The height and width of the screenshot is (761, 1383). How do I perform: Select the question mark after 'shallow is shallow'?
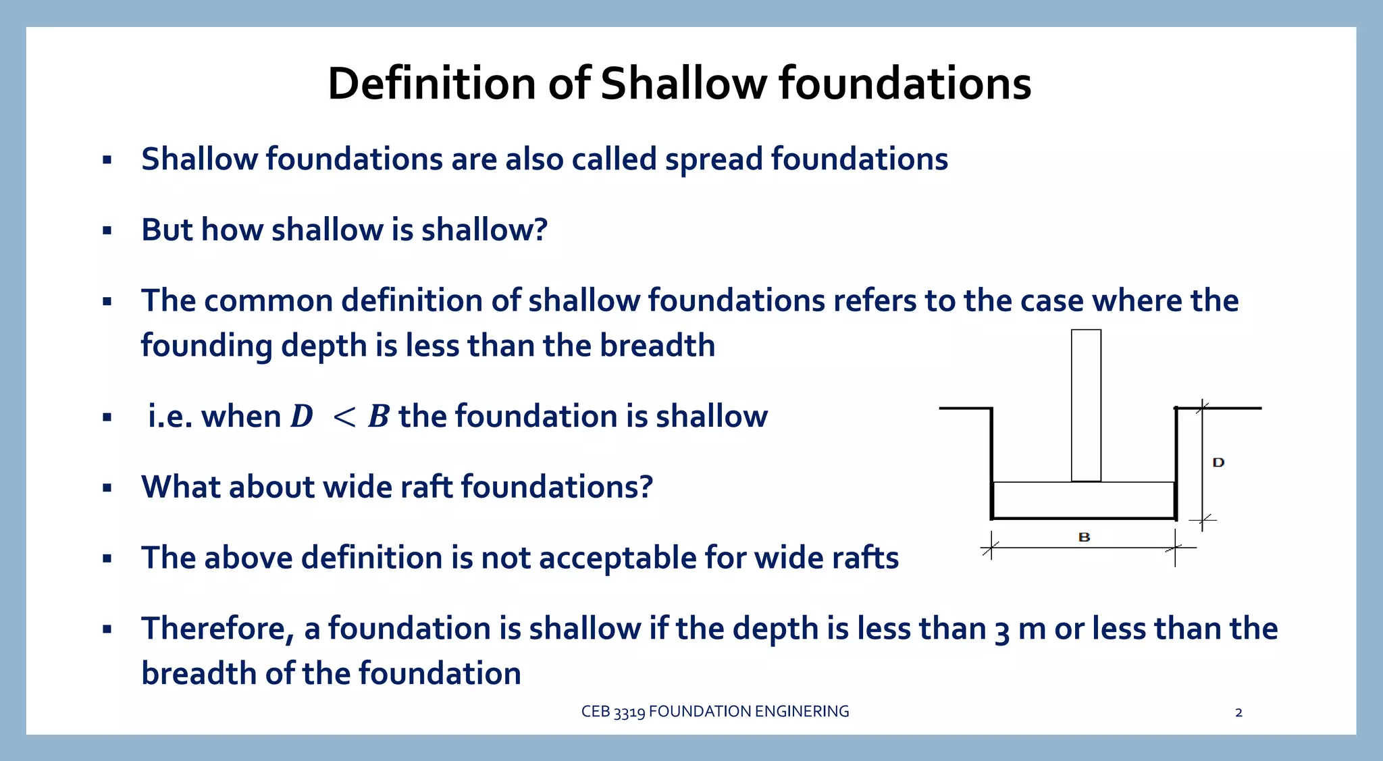(x=540, y=230)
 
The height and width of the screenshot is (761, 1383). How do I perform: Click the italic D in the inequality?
(x=302, y=416)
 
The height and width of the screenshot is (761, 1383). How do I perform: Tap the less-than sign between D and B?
(x=344, y=417)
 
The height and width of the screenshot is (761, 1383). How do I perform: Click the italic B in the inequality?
(x=379, y=416)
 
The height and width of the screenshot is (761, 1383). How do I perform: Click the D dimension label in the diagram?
(x=1218, y=463)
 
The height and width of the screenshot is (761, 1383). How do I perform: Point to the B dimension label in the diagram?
(x=1084, y=537)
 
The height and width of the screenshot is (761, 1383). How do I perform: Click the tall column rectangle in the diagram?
(x=1086, y=405)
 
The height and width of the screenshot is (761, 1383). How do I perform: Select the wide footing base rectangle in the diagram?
(x=1083, y=500)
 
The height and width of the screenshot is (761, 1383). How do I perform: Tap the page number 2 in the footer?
(x=1238, y=712)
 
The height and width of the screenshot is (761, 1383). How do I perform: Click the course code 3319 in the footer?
(x=629, y=712)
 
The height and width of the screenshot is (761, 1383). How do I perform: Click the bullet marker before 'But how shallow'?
(x=107, y=231)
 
